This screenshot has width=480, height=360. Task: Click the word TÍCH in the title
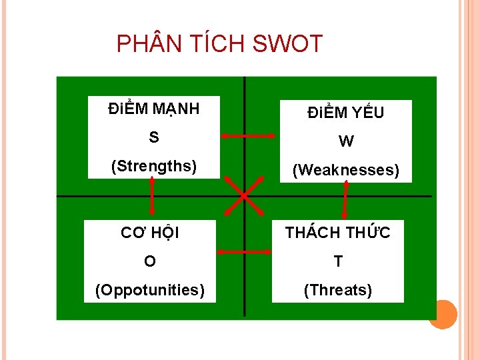pos(213,45)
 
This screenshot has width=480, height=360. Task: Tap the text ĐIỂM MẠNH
pos(154,108)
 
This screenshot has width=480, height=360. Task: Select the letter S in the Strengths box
pos(154,137)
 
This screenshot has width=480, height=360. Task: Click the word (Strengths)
pos(154,165)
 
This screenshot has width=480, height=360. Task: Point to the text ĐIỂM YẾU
pos(346,113)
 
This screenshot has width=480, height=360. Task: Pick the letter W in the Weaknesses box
pos(346,141)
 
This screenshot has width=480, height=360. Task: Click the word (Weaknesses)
pos(346,170)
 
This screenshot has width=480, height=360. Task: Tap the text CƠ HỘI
pos(150,233)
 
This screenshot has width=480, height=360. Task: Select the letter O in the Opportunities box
pos(150,261)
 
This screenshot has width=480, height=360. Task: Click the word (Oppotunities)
pos(150,290)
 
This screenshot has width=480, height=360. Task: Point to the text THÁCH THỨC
pos(338,233)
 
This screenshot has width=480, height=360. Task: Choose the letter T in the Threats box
pos(338,261)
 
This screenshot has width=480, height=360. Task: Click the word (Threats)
pos(338,290)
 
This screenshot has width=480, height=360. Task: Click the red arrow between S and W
pos(248,136)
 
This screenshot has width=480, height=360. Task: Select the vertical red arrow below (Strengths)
pos(152,197)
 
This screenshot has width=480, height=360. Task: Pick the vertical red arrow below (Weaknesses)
pos(345,200)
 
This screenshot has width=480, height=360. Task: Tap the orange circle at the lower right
pos(442,314)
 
